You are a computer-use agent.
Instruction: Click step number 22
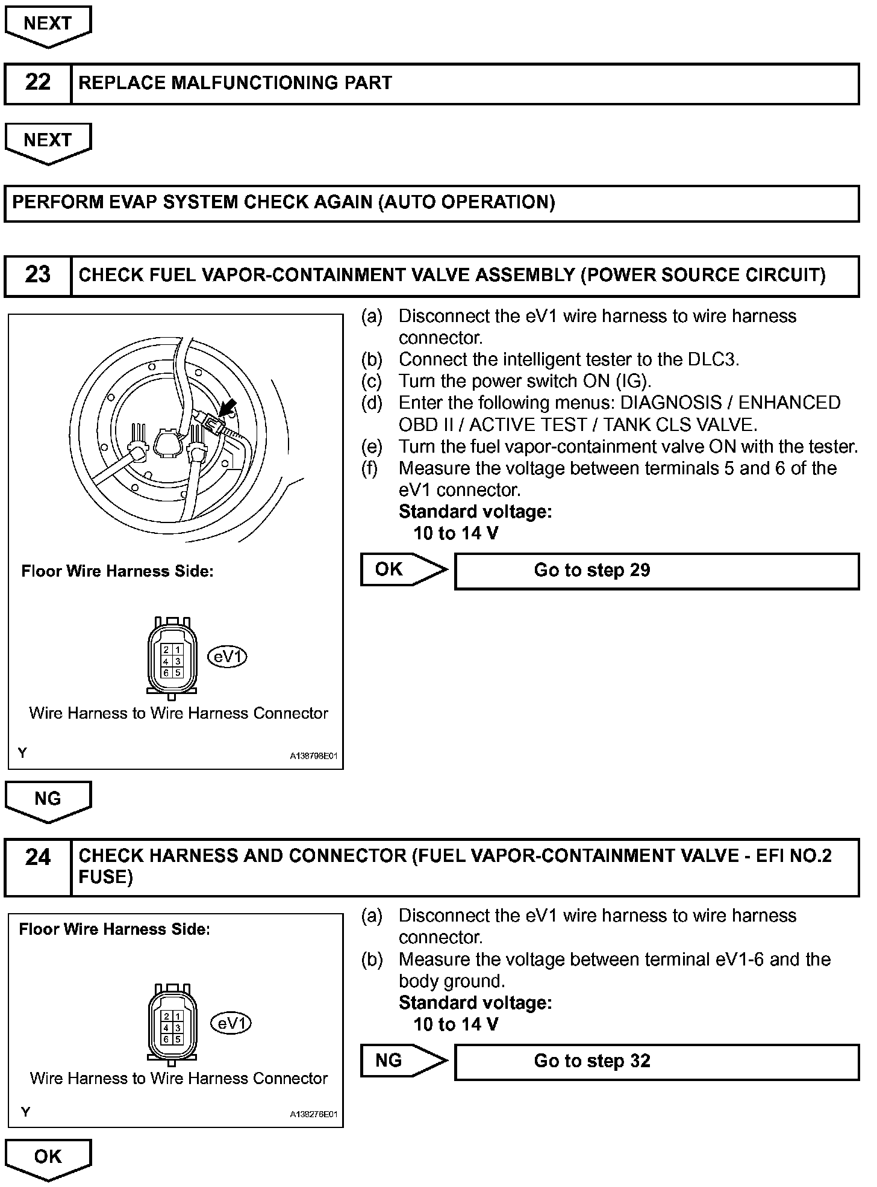pyautogui.click(x=37, y=83)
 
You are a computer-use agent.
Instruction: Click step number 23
pyautogui.click(x=37, y=275)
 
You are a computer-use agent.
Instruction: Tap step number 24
pyautogui.click(x=37, y=857)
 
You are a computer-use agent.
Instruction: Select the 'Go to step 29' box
pyautogui.click(x=657, y=571)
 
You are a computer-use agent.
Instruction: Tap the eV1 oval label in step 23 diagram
pyautogui.click(x=228, y=657)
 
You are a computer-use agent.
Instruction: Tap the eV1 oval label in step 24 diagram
pyautogui.click(x=231, y=1023)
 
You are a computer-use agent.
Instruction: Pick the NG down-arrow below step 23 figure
pyautogui.click(x=48, y=801)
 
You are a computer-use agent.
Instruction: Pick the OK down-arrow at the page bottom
pyautogui.click(x=48, y=1159)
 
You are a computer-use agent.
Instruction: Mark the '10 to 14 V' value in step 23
pyautogui.click(x=456, y=533)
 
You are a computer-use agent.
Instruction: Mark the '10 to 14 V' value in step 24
pyautogui.click(x=456, y=1024)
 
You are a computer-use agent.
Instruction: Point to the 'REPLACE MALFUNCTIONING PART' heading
pyautogui.click(x=236, y=83)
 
